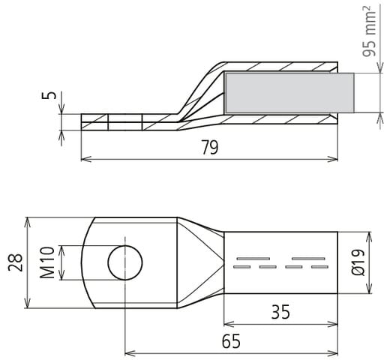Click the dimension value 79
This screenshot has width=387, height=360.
210,148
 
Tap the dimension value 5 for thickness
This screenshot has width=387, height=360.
52,95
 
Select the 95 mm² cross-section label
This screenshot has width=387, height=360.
369,34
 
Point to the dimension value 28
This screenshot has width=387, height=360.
16,262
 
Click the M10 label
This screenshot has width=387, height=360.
47,262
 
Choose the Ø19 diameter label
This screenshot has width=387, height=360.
358,262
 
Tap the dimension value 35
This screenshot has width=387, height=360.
280,312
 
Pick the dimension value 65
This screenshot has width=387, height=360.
231,341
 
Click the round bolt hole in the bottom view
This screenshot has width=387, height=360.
125,262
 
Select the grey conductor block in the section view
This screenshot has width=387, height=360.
289,93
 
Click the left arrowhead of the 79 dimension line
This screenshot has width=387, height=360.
85,159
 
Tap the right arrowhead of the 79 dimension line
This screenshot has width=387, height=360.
334,159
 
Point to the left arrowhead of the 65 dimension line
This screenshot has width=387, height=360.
129,354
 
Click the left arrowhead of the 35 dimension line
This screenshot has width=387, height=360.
228,325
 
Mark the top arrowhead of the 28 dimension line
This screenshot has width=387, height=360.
28,221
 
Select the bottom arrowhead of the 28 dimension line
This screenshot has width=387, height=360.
28,304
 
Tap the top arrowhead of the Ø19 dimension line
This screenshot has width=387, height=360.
369,236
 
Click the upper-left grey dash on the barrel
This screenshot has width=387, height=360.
253,259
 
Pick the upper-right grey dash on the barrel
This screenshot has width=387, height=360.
308,259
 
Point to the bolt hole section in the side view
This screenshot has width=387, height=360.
125,122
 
